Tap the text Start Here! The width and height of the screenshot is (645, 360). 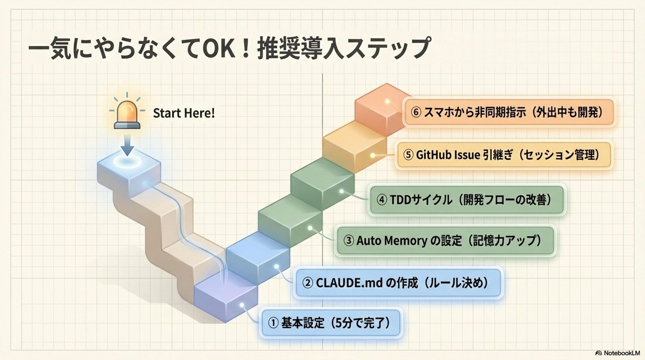tap(184, 113)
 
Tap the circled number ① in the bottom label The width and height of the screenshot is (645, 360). tap(273, 323)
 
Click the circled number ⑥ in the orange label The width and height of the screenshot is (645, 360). tap(416, 112)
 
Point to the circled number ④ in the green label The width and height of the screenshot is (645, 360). tap(382, 200)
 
